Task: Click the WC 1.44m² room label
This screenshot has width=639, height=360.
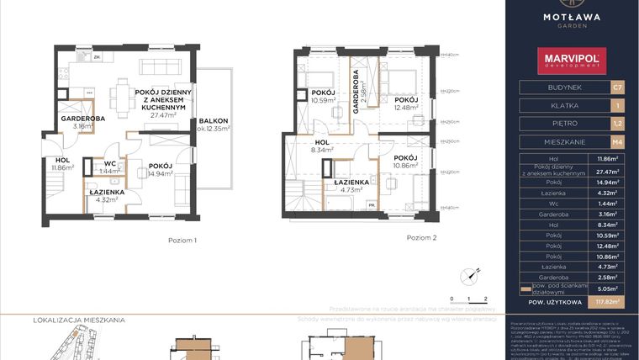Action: [x=109, y=167]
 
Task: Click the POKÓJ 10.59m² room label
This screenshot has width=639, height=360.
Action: [x=324, y=97]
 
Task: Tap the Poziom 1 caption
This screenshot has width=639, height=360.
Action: [x=182, y=241]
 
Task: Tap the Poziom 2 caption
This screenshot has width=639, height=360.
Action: [x=421, y=238]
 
